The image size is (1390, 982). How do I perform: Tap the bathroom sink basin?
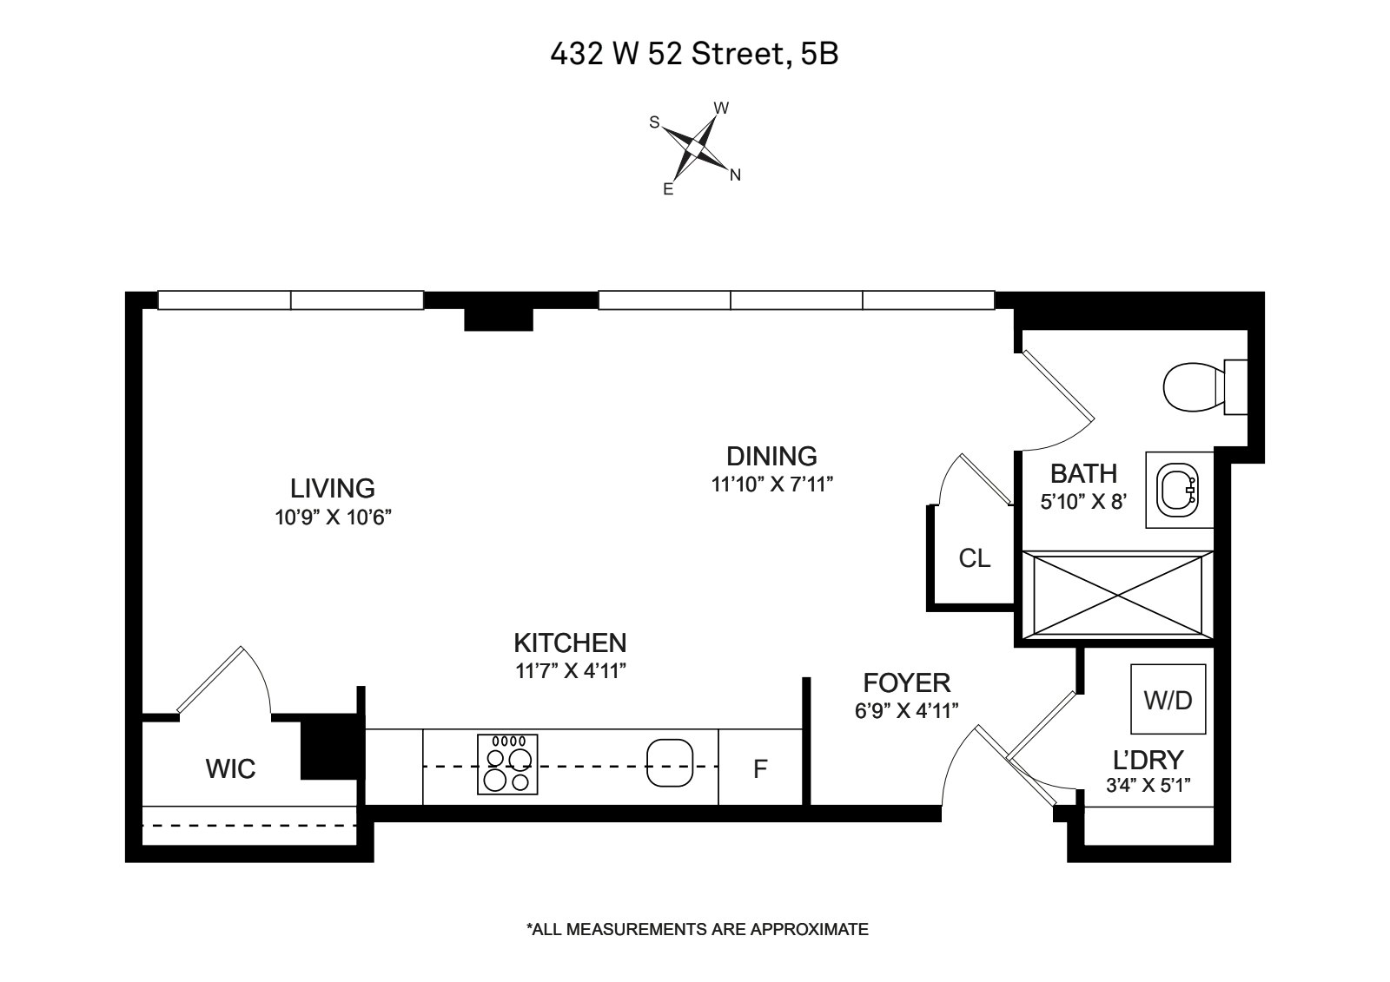[1178, 491]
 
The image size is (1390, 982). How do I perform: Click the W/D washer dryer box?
[1168, 700]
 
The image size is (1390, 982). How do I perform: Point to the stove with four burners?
[507, 764]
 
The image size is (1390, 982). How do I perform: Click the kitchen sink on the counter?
[669, 763]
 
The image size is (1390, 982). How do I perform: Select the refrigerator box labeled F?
[760, 768]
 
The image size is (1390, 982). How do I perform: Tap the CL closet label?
[974, 558]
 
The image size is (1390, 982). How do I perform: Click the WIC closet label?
[230, 768]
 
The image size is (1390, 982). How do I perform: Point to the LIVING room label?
[333, 488]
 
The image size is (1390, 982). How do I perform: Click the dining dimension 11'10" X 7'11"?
[772, 484]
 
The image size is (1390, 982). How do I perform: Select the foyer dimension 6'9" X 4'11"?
[906, 711]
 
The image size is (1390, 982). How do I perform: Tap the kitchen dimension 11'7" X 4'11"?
[570, 671]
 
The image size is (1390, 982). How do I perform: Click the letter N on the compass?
[735, 175]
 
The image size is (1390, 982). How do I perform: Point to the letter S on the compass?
[654, 122]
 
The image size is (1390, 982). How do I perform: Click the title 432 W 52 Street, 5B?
[694, 55]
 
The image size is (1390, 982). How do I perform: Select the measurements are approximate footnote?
[697, 929]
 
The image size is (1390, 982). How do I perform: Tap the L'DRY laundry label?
[1148, 760]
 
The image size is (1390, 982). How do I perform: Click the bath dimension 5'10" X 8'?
[1083, 501]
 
